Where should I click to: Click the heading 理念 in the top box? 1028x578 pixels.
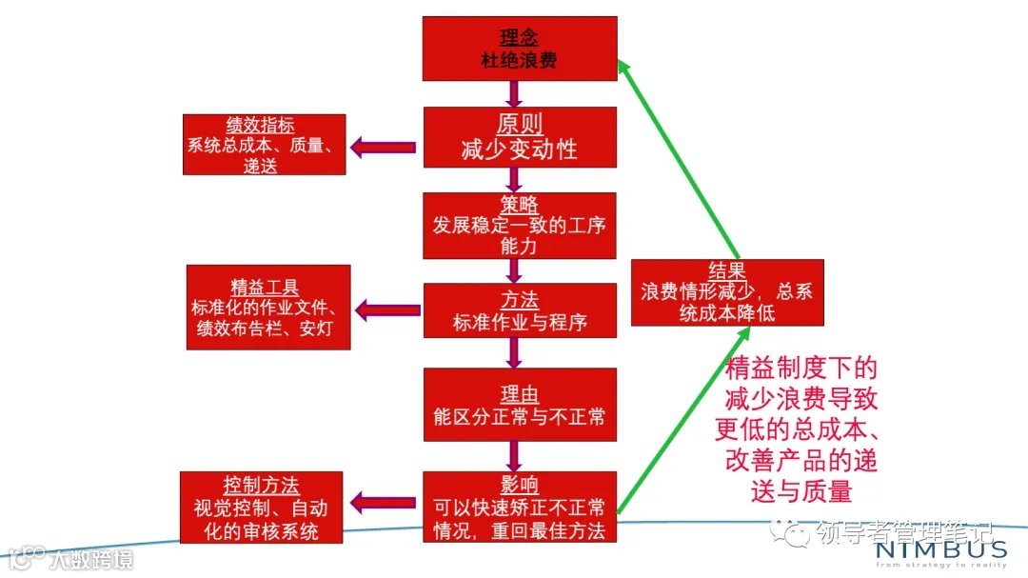pyautogui.click(x=520, y=39)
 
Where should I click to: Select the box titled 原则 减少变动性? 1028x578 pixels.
pyautogui.click(x=520, y=137)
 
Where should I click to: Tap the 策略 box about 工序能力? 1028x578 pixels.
pyautogui.click(x=520, y=226)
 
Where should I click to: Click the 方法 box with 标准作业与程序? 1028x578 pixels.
pyautogui.click(x=520, y=310)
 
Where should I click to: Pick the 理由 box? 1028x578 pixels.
pyautogui.click(x=520, y=406)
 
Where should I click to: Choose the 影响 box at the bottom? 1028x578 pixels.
pyautogui.click(x=520, y=508)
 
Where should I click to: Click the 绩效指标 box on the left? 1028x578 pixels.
pyautogui.click(x=264, y=145)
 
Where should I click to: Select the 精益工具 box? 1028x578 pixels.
pyautogui.click(x=268, y=307)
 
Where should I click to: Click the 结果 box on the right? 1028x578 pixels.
pyautogui.click(x=727, y=292)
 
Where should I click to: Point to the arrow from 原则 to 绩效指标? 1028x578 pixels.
pyautogui.click(x=385, y=147)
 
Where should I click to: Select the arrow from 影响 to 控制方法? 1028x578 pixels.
pyautogui.click(x=385, y=501)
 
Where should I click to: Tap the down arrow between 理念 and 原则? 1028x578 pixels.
pyautogui.click(x=514, y=93)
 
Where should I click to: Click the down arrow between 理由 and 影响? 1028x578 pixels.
pyautogui.click(x=514, y=455)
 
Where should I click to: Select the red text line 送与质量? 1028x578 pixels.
pyautogui.click(x=801, y=491)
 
